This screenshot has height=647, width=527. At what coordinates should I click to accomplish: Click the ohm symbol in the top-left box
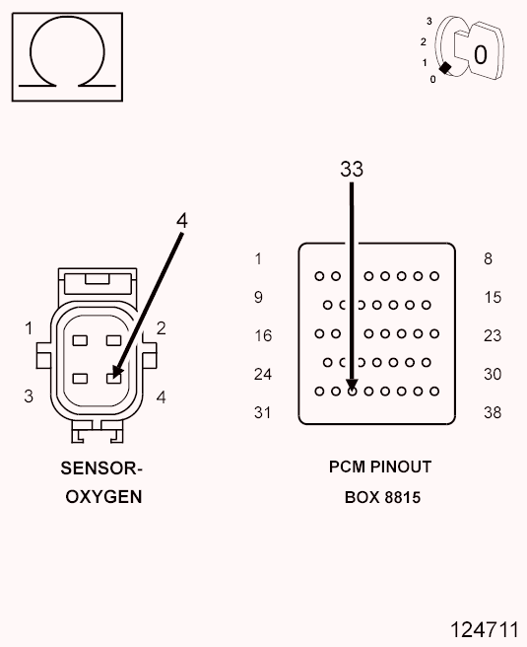point(66,56)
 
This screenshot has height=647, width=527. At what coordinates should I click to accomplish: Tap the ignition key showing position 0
point(474,51)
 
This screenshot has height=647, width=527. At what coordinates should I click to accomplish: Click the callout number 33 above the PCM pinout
point(352,170)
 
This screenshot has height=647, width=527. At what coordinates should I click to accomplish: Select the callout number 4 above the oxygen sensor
point(181,220)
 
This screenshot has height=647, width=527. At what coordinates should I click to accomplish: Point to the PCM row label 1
point(258,259)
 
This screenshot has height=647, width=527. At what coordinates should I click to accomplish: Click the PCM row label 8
point(488,259)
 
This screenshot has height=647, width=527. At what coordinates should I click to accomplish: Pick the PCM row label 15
point(493,297)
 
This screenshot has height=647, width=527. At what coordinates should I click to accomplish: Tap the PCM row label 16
point(262,335)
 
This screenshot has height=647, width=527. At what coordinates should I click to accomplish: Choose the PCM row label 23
point(493,335)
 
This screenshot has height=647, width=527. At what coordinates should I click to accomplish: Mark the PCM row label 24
point(262,374)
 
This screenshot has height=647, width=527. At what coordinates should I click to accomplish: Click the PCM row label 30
point(493,374)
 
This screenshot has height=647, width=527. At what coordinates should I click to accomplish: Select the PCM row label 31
point(262,412)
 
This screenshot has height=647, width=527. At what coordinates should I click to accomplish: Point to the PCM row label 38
point(493,412)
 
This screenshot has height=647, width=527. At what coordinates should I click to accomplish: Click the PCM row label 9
point(258,297)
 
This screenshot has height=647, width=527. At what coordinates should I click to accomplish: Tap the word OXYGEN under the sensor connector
point(103,497)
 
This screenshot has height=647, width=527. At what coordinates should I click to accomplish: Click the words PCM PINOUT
point(380,467)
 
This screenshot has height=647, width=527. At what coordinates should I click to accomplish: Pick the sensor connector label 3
point(29,396)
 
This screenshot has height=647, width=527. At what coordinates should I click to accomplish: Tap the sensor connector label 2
point(161,328)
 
